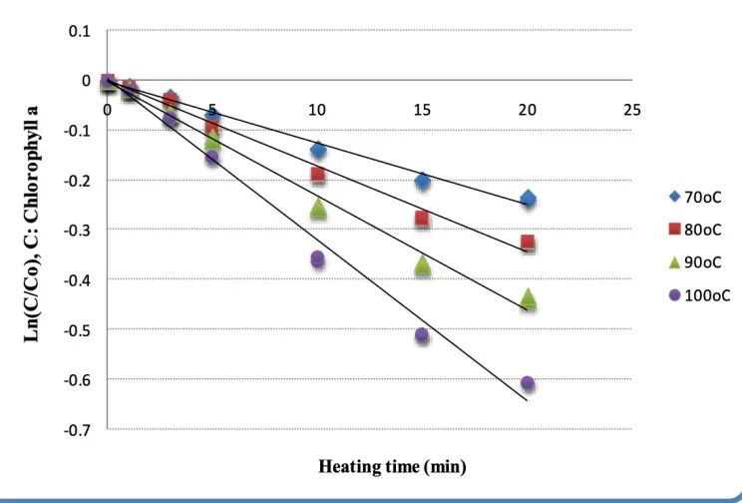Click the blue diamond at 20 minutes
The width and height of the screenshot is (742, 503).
528,199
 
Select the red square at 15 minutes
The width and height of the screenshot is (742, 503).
422,219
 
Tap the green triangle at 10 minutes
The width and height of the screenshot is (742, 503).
318,209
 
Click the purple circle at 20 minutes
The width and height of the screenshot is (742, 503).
528,383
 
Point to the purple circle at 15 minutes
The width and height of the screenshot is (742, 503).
422,335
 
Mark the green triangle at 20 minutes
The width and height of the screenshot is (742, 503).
528,297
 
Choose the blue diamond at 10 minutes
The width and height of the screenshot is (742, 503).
318,150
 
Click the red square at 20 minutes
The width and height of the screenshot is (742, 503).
528,243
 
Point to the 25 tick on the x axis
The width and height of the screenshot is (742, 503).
631,108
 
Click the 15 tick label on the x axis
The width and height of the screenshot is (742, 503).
422,108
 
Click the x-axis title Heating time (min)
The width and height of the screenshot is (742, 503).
392,466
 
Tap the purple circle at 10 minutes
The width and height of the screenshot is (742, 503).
318,259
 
